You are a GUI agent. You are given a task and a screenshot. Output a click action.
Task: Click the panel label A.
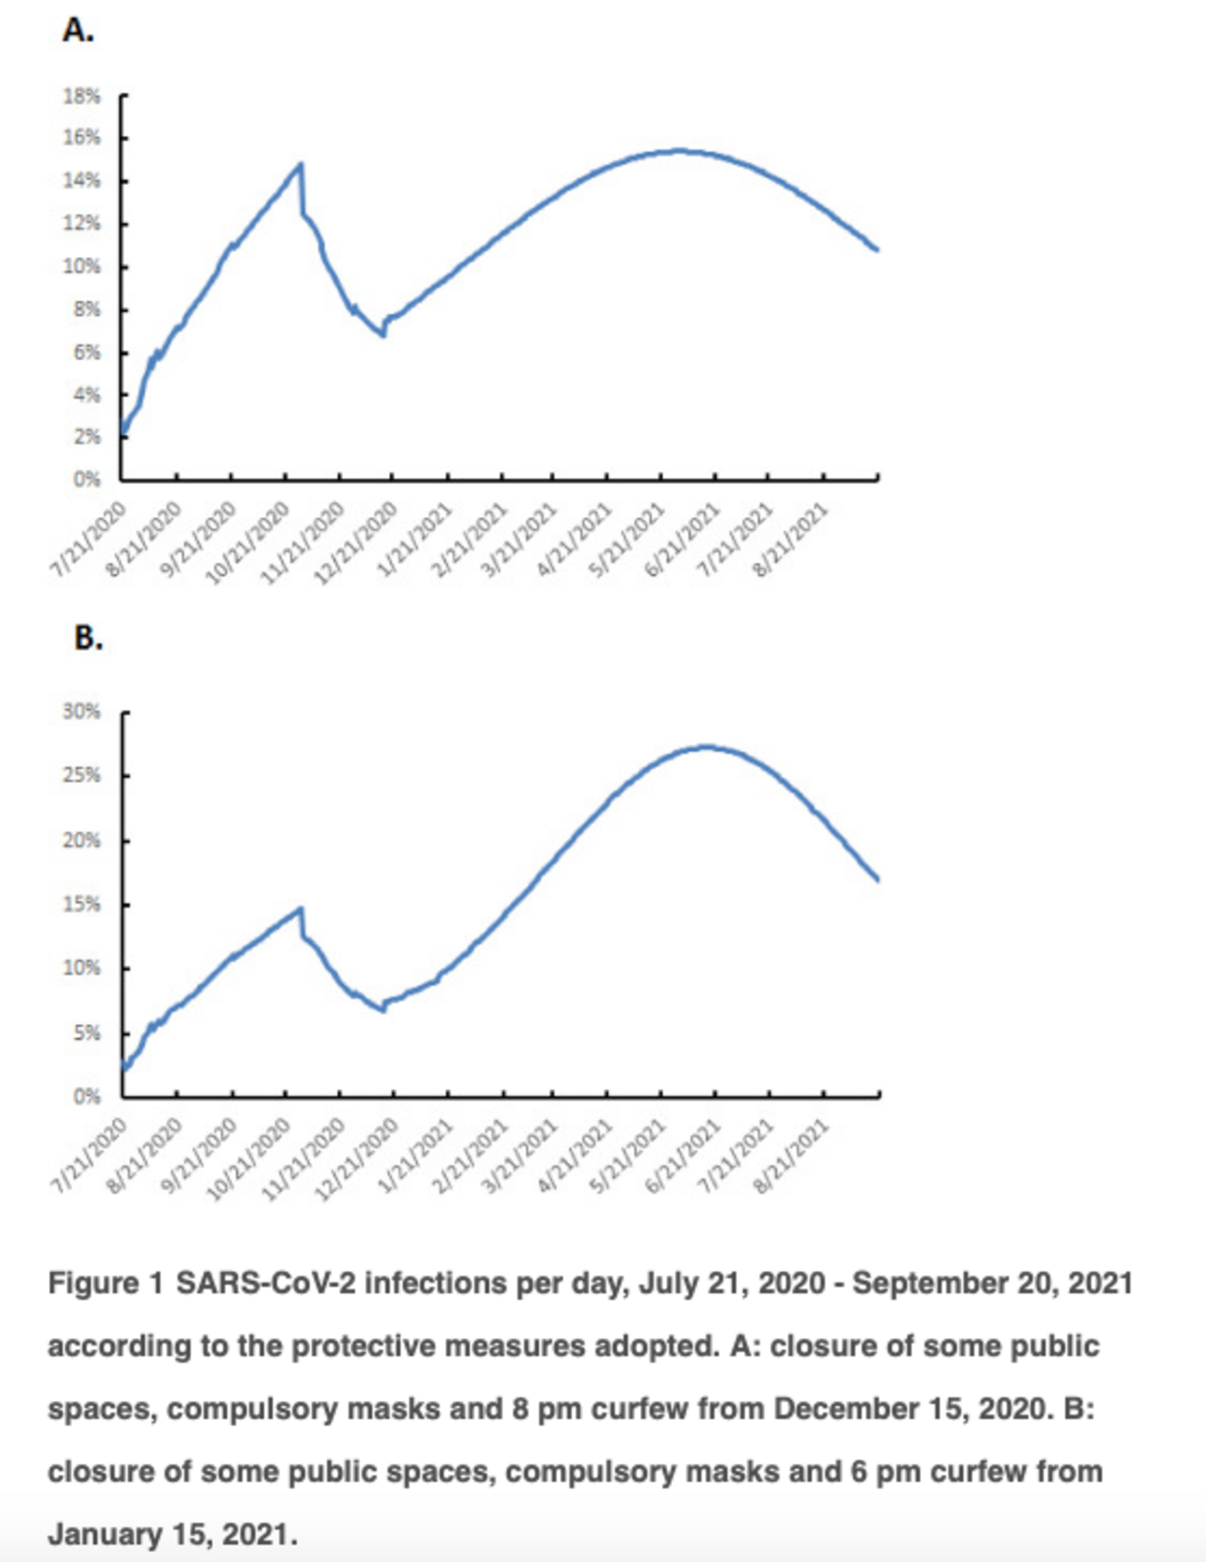pyautogui.click(x=78, y=31)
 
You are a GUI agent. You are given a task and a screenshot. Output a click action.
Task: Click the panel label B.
pyautogui.click(x=88, y=638)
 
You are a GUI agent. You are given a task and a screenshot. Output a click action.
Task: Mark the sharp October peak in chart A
pyautogui.click(x=301, y=165)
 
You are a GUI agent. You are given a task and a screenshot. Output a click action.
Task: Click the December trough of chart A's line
pyautogui.click(x=384, y=335)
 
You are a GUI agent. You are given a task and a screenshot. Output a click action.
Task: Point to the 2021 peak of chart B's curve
pyautogui.click(x=706, y=746)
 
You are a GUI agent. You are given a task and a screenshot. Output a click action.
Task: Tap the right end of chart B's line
pyautogui.click(x=877, y=880)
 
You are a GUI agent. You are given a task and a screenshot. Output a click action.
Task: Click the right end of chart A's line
pyautogui.click(x=877, y=250)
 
